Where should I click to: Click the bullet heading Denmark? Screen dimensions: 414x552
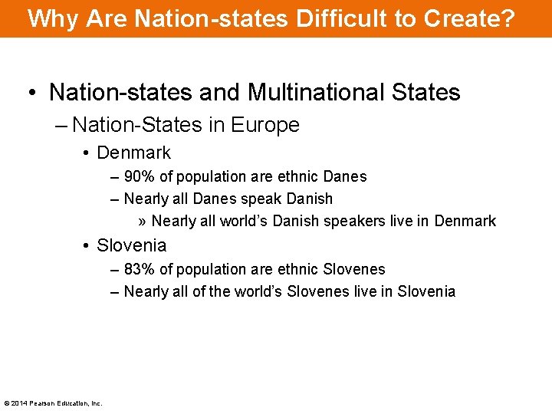pos(133,153)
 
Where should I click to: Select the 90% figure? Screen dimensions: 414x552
pos(139,176)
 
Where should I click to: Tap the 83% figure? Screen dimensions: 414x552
pos(139,269)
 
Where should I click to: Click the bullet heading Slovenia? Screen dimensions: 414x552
pos(131,245)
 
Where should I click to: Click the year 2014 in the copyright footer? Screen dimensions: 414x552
pos(19,403)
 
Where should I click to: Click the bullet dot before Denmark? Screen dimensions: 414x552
pos(87,153)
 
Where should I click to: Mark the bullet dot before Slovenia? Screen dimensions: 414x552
pos(87,245)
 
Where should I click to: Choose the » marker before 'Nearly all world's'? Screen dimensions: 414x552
pos(143,221)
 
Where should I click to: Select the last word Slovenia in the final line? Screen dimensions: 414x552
pos(426,291)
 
